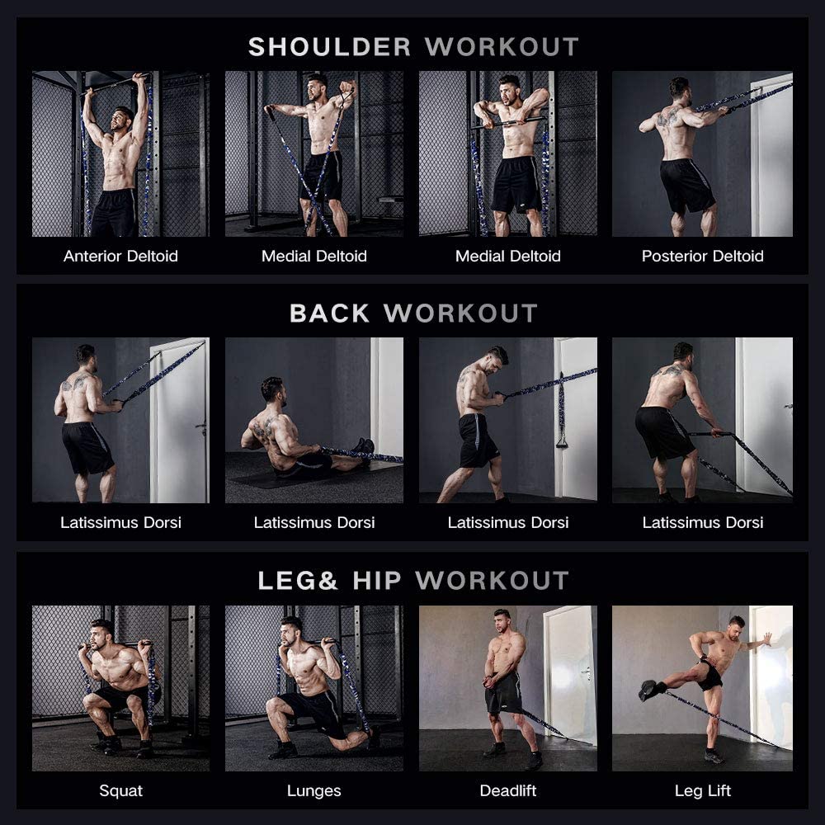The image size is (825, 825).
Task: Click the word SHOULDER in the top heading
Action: [329, 46]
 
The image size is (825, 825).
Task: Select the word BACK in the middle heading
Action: [329, 313]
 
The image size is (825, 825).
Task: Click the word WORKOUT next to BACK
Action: [460, 313]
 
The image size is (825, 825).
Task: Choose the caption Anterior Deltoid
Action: [120, 256]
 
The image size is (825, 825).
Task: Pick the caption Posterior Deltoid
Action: [702, 256]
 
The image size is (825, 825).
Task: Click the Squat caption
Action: [120, 791]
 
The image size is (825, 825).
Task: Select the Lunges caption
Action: [314, 791]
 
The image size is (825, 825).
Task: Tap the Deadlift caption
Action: [508, 791]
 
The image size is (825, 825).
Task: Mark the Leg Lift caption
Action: [702, 791]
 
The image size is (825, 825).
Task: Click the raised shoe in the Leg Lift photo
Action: [648, 690]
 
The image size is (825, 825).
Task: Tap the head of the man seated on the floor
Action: [272, 389]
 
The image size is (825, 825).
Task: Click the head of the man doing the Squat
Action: [102, 631]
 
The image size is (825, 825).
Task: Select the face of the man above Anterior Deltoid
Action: [124, 117]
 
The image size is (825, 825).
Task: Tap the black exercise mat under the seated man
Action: [272, 478]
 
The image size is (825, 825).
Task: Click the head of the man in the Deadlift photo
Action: [502, 620]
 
